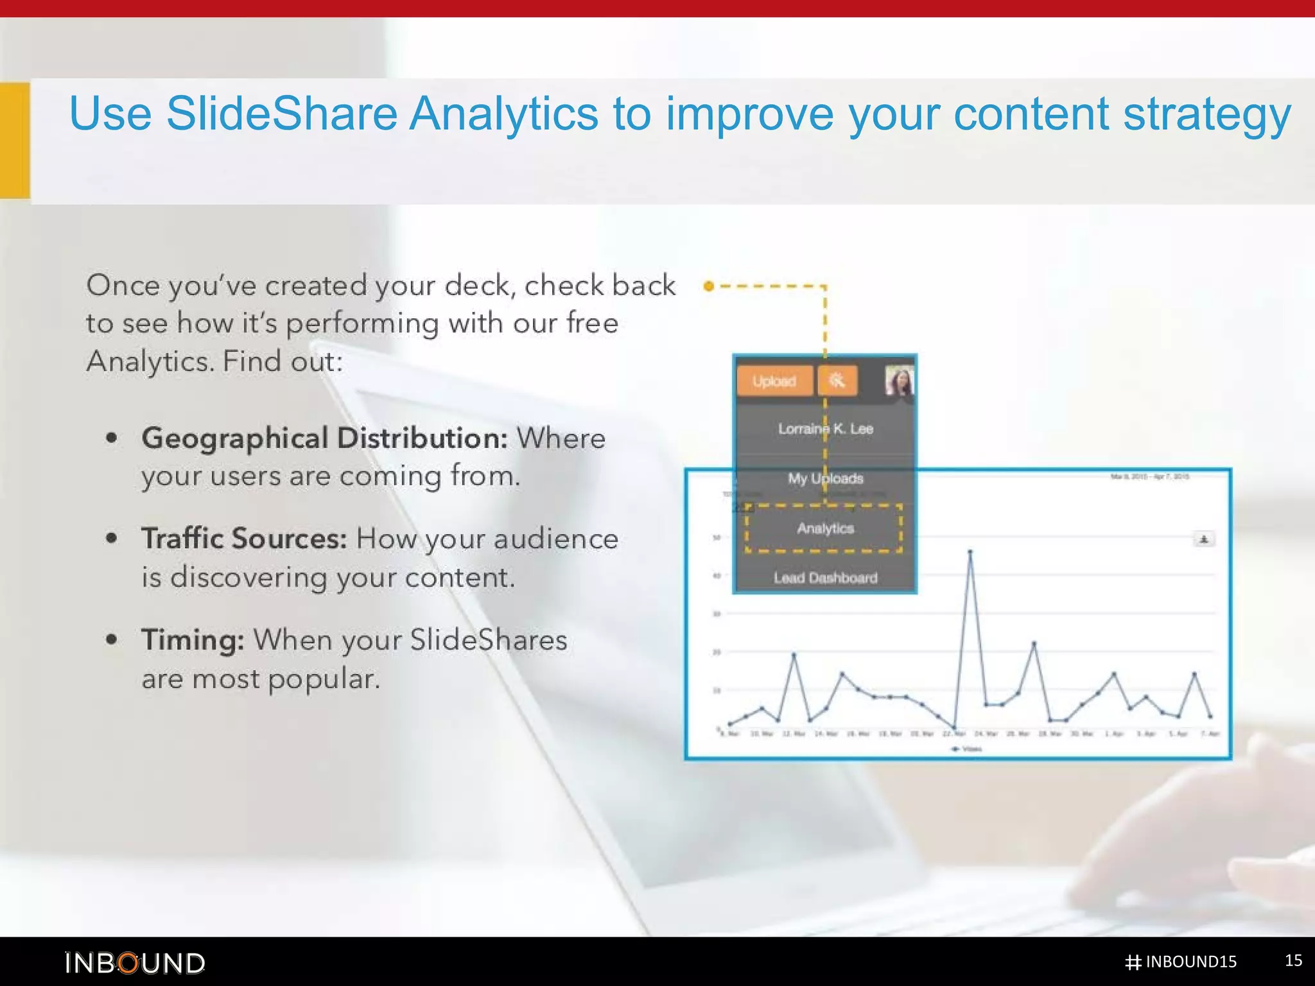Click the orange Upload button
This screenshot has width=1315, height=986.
pos(774,381)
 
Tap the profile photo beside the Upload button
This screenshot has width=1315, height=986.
pos(899,381)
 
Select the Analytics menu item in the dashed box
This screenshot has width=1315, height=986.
pos(825,528)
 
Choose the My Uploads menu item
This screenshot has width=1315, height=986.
pos(825,478)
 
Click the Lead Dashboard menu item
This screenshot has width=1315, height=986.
pos(825,578)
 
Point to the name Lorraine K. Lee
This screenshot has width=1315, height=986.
pos(825,429)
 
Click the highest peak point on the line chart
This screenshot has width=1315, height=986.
pos(970,551)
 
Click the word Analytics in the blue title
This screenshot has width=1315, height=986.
pos(503,114)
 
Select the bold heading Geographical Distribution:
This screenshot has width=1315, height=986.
pos(324,438)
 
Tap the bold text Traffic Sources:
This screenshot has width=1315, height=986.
pos(244,539)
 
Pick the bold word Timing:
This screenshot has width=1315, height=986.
pos(193,640)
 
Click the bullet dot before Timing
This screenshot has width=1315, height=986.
pos(112,639)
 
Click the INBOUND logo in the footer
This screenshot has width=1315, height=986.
pos(135,963)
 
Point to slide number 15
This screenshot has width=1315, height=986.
pos(1293,960)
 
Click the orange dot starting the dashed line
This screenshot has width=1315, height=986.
pos(708,286)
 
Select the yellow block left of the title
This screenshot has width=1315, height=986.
pos(15,140)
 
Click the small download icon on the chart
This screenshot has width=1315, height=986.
pos(1204,539)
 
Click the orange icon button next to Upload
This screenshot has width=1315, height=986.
pos(837,381)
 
